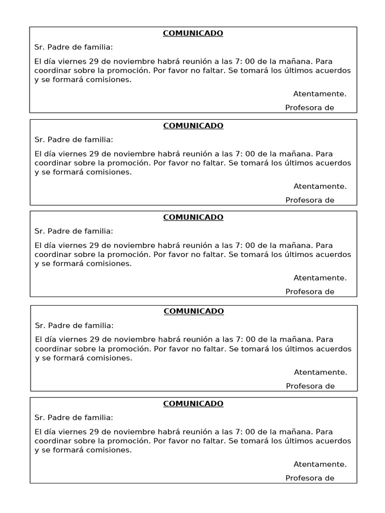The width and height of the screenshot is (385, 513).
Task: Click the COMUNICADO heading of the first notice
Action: pyautogui.click(x=193, y=34)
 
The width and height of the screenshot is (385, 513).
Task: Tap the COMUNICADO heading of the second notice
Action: pyautogui.click(x=193, y=126)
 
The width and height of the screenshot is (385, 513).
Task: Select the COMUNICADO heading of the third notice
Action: pyautogui.click(x=193, y=217)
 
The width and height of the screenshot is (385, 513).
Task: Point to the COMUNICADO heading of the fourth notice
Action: pyautogui.click(x=194, y=311)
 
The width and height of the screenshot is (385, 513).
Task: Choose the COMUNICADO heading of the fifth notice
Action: pyautogui.click(x=193, y=404)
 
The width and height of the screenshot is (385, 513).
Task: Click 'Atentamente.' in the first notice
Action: pyautogui.click(x=320, y=94)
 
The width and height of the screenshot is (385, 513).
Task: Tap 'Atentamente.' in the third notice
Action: pyautogui.click(x=320, y=278)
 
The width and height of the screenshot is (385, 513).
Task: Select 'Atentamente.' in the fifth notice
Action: pyautogui.click(x=320, y=464)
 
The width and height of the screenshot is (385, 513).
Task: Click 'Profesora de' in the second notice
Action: pyautogui.click(x=310, y=200)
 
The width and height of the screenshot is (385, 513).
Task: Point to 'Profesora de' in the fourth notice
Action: pyautogui.click(x=310, y=386)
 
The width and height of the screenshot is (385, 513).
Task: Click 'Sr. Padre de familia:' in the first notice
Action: pyautogui.click(x=74, y=48)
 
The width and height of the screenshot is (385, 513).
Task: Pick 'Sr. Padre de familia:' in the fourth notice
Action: pyautogui.click(x=74, y=325)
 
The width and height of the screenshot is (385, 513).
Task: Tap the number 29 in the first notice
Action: pyautogui.click(x=94, y=62)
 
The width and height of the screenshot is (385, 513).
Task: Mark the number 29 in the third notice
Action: pyautogui.click(x=94, y=245)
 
